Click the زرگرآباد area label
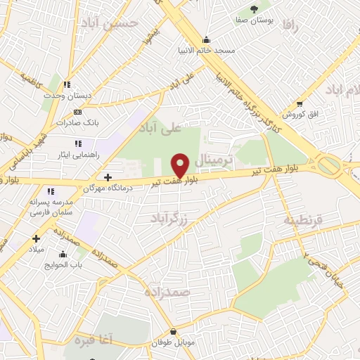[170, 219]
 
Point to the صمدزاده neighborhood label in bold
[169, 292]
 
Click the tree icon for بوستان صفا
[254, 9]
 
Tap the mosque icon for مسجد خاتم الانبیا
[206, 39]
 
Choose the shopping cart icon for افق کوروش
[300, 103]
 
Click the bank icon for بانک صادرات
[77, 112]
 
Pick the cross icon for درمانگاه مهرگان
[108, 176]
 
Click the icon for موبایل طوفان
[173, 331]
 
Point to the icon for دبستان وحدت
[68, 84]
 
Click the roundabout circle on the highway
[328, 166]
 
